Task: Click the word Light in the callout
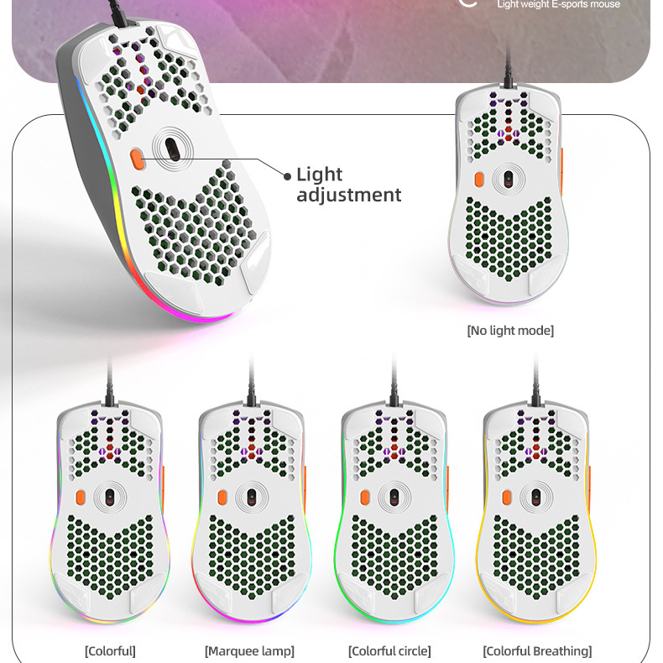tap(320, 175)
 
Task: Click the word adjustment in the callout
tap(349, 196)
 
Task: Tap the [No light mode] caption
tap(510, 331)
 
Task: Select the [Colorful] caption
tap(110, 651)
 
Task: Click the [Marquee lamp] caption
tap(249, 651)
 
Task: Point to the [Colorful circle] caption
tap(389, 651)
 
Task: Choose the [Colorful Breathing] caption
tap(537, 651)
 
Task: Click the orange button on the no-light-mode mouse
tap(479, 180)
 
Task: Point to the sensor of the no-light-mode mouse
tap(508, 178)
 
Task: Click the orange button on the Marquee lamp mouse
tap(222, 497)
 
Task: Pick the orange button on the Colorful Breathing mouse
tap(508, 497)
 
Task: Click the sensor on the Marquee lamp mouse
tap(251, 497)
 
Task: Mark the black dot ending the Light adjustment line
tap(288, 176)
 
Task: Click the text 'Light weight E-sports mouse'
tap(558, 5)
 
